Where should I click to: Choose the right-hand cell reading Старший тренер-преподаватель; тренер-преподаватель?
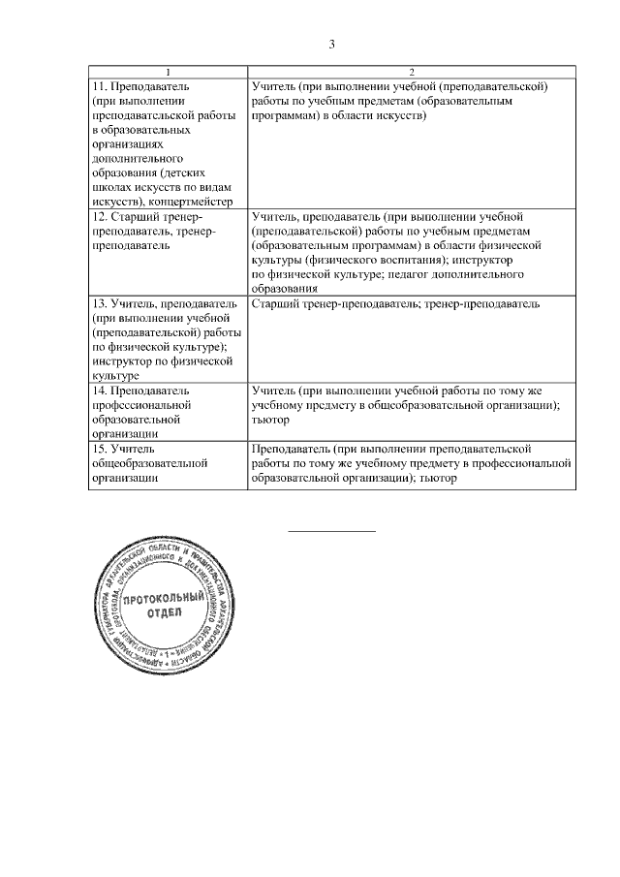pos(394,304)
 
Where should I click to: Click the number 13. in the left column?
pos(99,304)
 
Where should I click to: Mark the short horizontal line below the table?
pos(331,531)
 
